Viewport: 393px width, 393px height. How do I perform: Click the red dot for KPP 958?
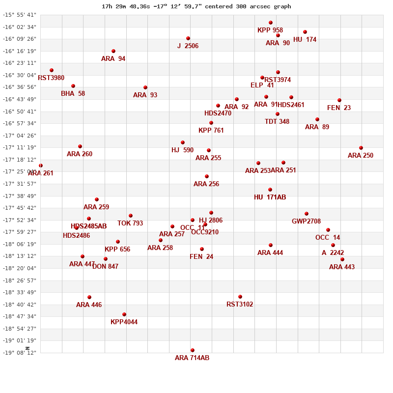[271, 23]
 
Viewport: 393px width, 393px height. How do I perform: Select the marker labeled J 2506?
[188, 38]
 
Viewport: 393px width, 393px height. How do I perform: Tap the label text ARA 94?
[113, 59]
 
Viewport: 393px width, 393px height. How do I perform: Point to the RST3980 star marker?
[52, 70]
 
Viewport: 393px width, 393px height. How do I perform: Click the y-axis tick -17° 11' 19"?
[20, 147]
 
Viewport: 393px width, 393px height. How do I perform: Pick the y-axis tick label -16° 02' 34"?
[20, 27]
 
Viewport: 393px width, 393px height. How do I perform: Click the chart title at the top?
[196, 6]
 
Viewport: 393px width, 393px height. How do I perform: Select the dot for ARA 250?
[361, 148]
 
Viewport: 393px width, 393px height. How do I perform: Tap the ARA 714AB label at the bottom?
[192, 358]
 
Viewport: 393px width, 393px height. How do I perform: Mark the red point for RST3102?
[240, 297]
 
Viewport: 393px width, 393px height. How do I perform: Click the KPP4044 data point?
[124, 314]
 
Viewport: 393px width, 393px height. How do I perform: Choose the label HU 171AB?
[270, 197]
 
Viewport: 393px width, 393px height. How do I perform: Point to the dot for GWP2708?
[307, 214]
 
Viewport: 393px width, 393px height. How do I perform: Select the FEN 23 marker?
[339, 100]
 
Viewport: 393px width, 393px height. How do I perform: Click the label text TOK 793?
[130, 224]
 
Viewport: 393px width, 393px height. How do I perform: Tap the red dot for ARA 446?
[89, 297]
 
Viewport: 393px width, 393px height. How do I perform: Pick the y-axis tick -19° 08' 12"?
[20, 352]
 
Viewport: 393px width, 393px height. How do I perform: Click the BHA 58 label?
[73, 94]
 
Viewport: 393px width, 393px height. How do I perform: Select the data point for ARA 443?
[342, 259]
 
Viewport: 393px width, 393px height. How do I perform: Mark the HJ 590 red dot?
[183, 142]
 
